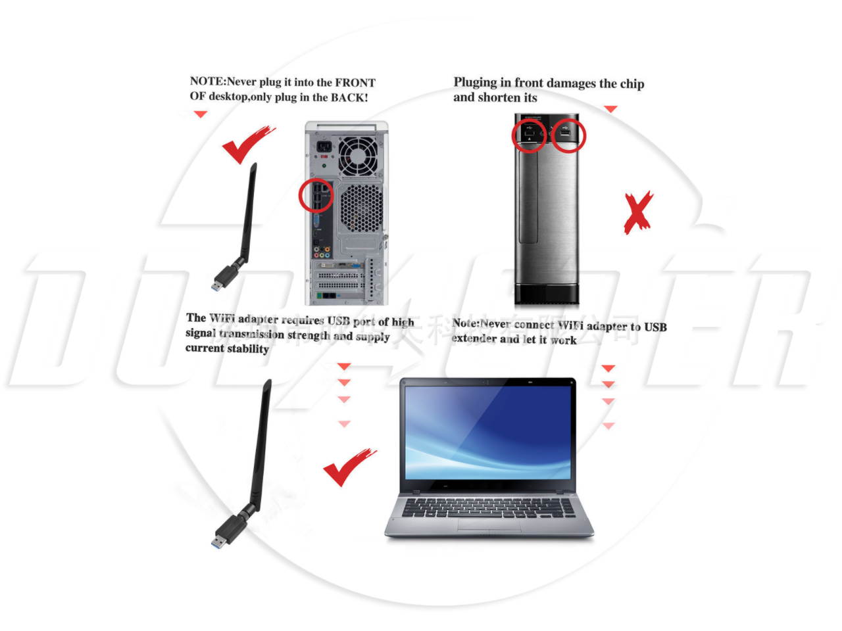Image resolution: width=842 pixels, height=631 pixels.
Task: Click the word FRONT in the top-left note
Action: (x=355, y=83)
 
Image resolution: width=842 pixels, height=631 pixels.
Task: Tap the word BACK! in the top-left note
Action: (x=349, y=97)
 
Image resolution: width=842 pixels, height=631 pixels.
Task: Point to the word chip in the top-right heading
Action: (x=631, y=83)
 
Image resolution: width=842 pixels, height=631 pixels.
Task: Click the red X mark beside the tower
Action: (x=637, y=213)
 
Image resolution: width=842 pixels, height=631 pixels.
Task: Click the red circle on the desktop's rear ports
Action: (x=316, y=195)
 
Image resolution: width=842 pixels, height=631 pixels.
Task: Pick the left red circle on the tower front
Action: (x=529, y=135)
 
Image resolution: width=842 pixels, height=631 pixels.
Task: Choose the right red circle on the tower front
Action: (x=567, y=135)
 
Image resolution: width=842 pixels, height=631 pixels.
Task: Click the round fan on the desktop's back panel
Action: (x=359, y=156)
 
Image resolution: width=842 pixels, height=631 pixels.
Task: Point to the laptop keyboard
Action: (x=487, y=507)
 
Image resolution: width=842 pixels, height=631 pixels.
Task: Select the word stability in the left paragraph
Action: (x=247, y=349)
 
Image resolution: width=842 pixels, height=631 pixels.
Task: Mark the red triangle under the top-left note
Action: (x=200, y=114)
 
